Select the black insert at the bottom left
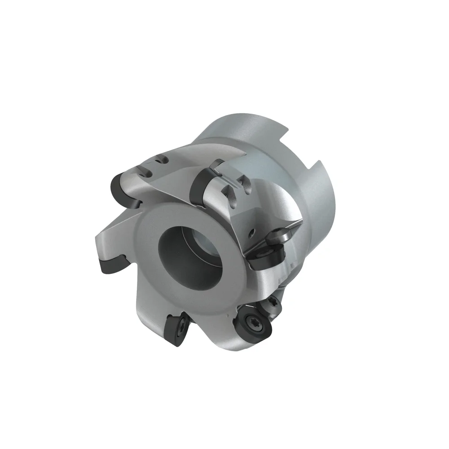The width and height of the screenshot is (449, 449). coord(176,330)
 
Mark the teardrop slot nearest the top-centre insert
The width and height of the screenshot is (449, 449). coord(231,193)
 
